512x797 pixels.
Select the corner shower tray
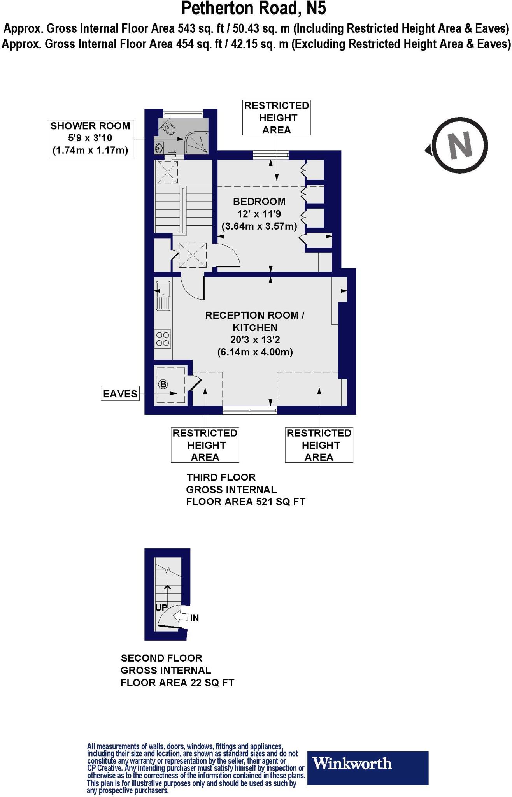click(198, 143)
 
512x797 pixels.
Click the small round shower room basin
click(159, 147)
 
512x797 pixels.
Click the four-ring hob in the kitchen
click(163, 339)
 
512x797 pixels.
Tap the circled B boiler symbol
click(163, 384)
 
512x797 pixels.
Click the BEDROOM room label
click(259, 202)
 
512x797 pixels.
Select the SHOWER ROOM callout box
click(90, 138)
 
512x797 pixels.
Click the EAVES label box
click(120, 394)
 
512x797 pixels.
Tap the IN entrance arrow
click(182, 617)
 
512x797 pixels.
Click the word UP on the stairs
click(161, 607)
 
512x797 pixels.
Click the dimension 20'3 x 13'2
click(255, 340)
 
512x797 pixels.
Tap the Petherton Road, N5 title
click(254, 9)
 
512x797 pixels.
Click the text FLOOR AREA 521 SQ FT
click(245, 502)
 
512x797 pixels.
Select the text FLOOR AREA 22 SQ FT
click(177, 683)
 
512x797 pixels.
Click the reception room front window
click(250, 410)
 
